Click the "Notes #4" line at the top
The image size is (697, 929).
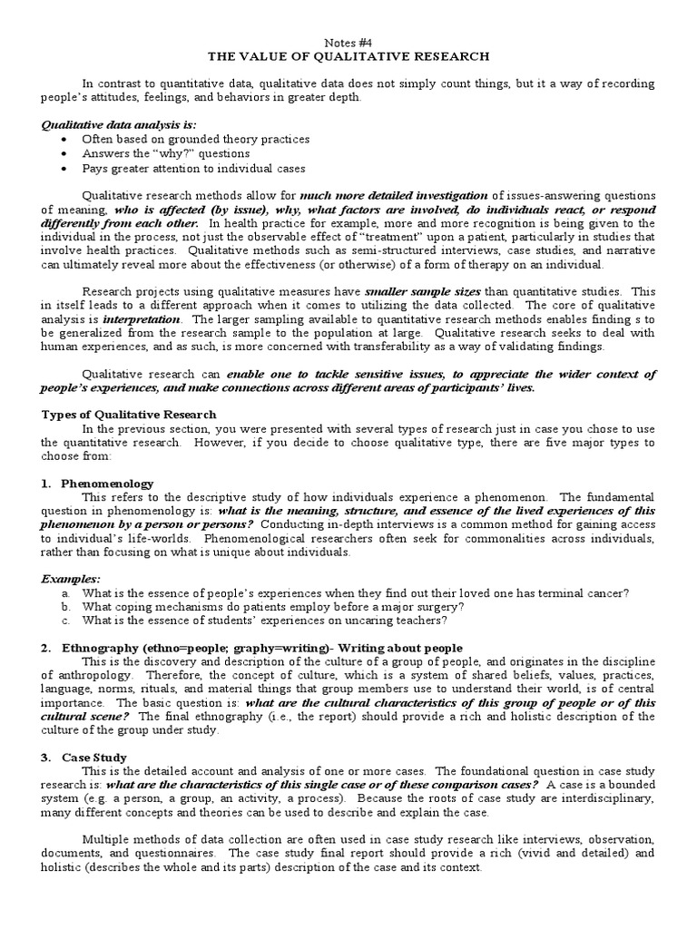(x=348, y=42)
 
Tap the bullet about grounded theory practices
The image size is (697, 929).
(x=195, y=140)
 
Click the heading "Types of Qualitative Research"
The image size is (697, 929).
(x=129, y=415)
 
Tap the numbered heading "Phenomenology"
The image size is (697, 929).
(x=107, y=484)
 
